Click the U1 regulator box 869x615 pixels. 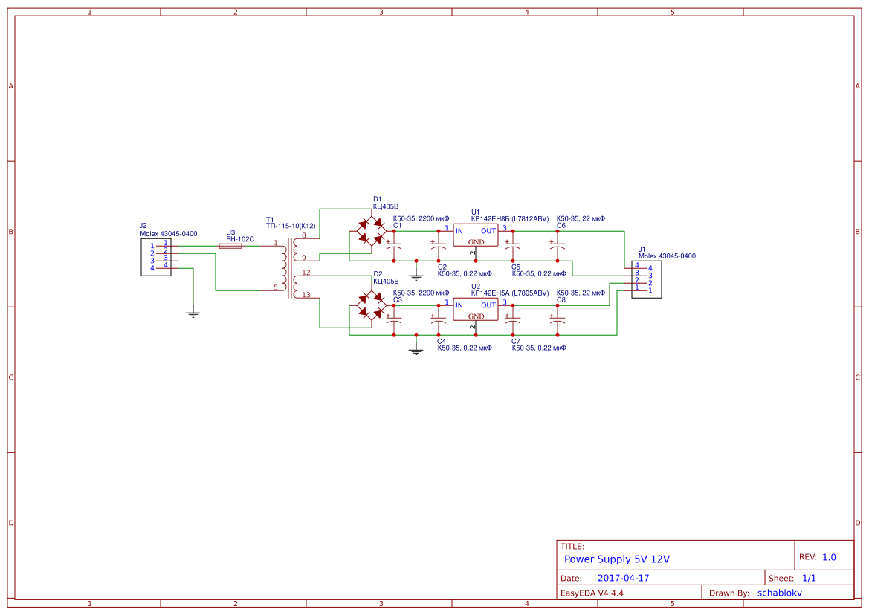pyautogui.click(x=476, y=235)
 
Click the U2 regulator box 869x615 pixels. pyautogui.click(x=476, y=310)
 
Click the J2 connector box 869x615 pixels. pyautogui.click(x=156, y=257)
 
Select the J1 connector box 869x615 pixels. pyautogui.click(x=646, y=279)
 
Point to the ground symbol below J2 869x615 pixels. pyautogui.click(x=193, y=314)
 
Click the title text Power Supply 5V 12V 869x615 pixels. pyautogui.click(x=617, y=559)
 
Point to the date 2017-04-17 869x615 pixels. pyautogui.click(x=623, y=578)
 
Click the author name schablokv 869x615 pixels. pyautogui.click(x=780, y=593)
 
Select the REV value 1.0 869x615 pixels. pyautogui.click(x=829, y=557)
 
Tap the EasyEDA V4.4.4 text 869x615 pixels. pyautogui.click(x=592, y=593)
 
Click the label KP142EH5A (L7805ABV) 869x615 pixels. pyautogui.click(x=509, y=293)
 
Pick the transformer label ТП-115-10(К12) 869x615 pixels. pyautogui.click(x=291, y=226)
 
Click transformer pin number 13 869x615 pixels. pyautogui.click(x=306, y=295)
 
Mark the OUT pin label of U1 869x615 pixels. pyautogui.click(x=488, y=231)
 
